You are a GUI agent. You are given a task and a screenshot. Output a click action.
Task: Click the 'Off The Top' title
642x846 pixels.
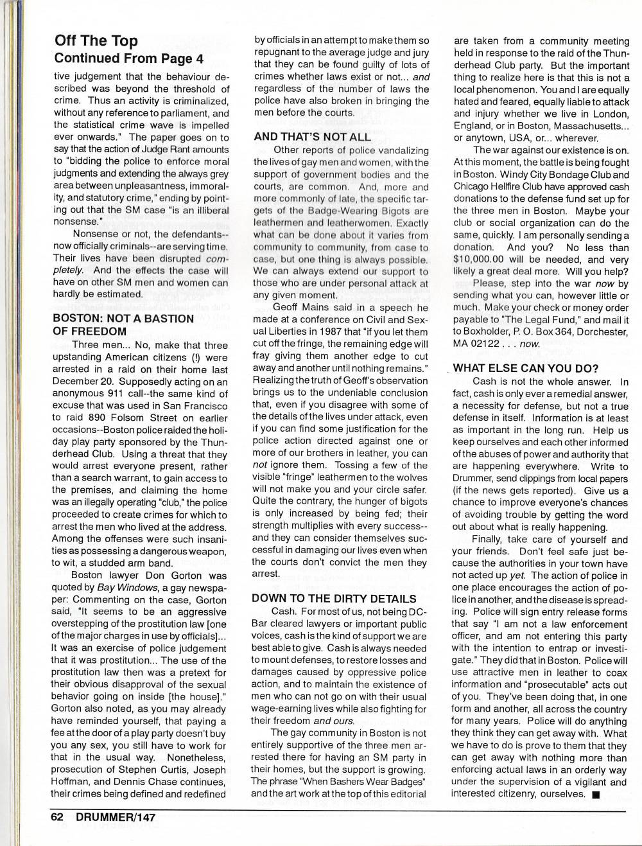(96, 41)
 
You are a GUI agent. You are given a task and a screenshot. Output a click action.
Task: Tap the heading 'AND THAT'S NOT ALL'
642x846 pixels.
(312, 137)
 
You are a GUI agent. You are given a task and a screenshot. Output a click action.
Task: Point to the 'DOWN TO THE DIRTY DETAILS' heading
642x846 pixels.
(334, 598)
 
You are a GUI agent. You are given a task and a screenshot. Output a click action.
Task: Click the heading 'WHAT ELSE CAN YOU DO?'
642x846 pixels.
(526, 368)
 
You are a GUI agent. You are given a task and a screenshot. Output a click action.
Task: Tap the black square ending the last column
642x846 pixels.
(596, 795)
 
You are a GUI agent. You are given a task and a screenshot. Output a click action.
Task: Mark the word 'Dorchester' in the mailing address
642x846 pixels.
(599, 331)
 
